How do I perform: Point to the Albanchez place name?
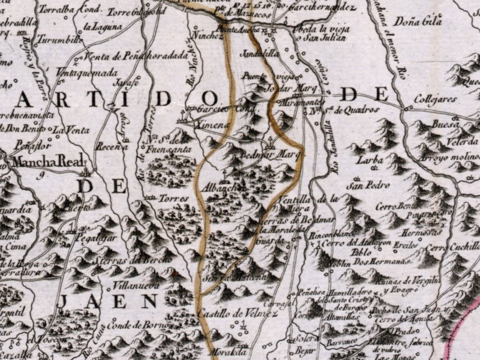(x=222, y=188)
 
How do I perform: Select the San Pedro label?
(x=366, y=185)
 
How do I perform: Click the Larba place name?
(x=368, y=161)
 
